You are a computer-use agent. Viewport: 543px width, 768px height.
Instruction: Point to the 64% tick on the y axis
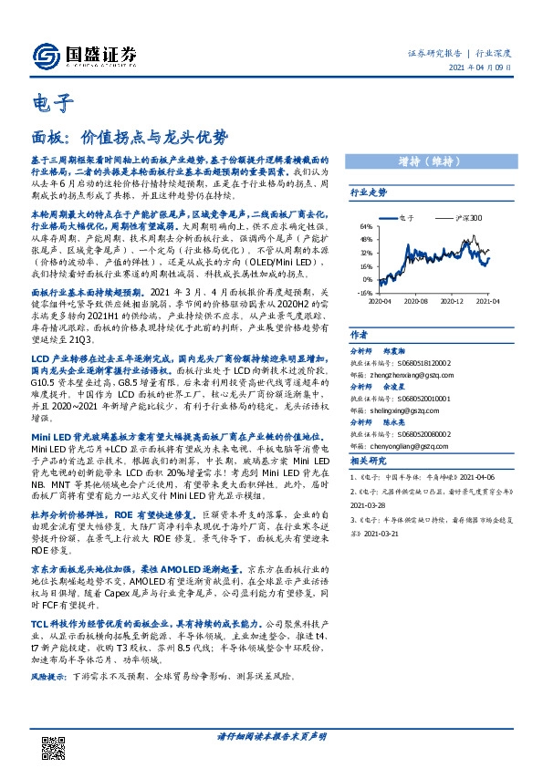coord(366,226)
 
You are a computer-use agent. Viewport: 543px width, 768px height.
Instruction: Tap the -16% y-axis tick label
coord(365,294)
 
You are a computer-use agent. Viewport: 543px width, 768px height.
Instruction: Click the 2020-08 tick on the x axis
coord(416,300)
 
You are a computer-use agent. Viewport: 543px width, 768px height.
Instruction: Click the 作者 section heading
coord(359,335)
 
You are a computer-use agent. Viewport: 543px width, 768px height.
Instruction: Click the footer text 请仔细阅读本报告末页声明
coord(272,735)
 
